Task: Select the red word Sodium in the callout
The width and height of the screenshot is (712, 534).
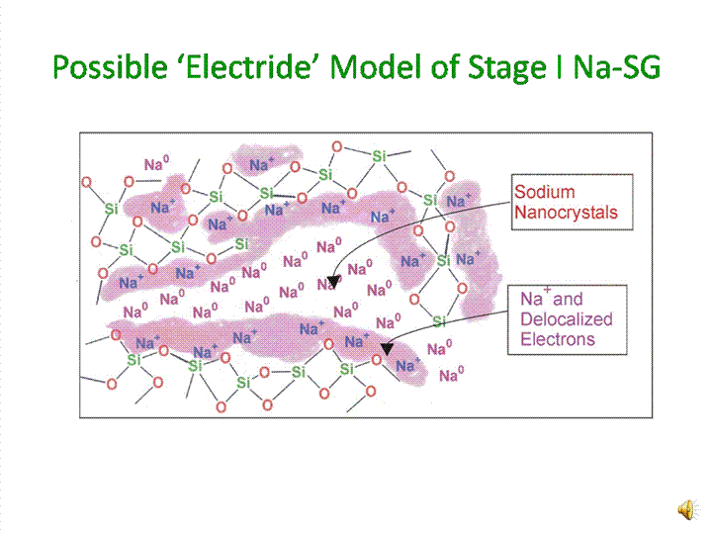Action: [x=544, y=193]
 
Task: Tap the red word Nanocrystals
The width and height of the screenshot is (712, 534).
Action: [x=567, y=213]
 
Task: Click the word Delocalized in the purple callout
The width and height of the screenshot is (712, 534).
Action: [x=567, y=319]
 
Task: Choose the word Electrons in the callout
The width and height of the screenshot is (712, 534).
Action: [x=558, y=339]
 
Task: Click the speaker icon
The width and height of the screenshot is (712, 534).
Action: [x=685, y=508]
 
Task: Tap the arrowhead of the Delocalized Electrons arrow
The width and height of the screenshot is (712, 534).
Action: [x=388, y=347]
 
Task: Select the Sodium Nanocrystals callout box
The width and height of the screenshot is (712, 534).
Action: [x=572, y=203]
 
